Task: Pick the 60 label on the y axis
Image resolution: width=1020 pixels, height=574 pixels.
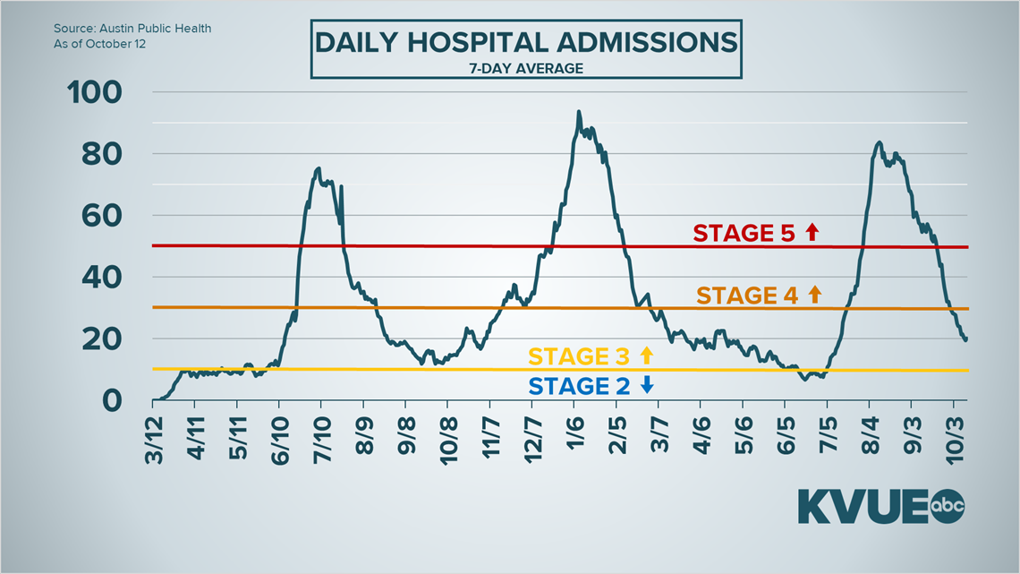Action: point(109,216)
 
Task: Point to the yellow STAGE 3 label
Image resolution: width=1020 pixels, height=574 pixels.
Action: point(578,356)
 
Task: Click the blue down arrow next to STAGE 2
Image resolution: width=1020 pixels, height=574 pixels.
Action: point(647,386)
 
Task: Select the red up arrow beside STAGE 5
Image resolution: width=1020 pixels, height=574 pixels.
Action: point(812,233)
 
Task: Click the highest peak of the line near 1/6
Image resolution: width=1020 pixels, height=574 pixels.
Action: point(579,112)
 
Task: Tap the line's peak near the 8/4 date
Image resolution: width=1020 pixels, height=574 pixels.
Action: point(879,142)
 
